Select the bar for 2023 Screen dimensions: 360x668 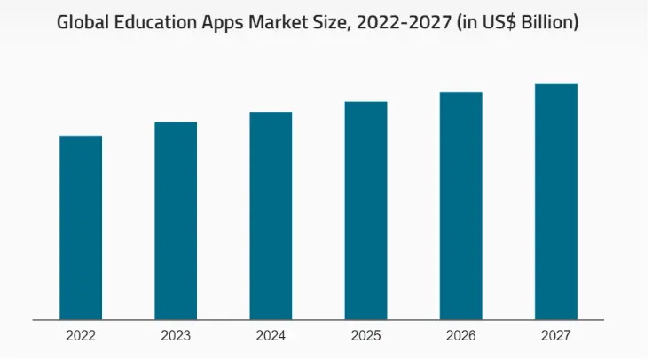click(176, 221)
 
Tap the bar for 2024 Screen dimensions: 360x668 click(271, 215)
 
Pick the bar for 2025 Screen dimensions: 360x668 click(365, 210)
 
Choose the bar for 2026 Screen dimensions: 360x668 click(460, 206)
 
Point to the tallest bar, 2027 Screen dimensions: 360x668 click(555, 201)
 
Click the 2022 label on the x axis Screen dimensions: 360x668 click(81, 336)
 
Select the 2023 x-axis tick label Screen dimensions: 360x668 click(176, 336)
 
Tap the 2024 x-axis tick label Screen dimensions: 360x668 click(271, 336)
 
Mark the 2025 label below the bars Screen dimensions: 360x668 click(365, 336)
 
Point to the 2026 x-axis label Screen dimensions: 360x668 click(460, 336)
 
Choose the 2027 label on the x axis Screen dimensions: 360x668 click(555, 336)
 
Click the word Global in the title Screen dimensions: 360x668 click(83, 23)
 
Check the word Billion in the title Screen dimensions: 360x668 click(548, 23)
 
